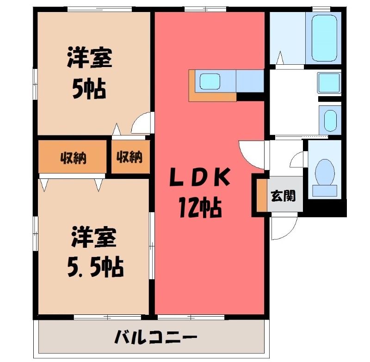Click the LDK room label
(200, 177)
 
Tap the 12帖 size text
(200, 208)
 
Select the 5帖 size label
(89, 88)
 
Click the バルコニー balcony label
(156, 337)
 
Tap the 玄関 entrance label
(283, 196)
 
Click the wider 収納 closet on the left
(73, 157)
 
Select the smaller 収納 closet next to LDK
(130, 157)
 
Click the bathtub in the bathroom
(324, 38)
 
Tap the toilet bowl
(325, 172)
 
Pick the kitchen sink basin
(210, 81)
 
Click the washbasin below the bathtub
(329, 82)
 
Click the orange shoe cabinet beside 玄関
(262, 196)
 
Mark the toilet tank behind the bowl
(325, 191)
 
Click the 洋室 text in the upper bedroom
(90, 57)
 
